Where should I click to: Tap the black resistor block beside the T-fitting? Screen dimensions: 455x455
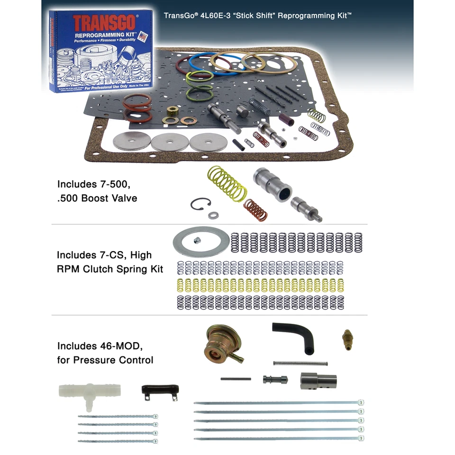156,391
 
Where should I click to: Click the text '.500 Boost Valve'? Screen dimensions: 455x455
97,198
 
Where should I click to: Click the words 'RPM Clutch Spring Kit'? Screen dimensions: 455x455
110,269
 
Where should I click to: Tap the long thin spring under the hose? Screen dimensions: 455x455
300,364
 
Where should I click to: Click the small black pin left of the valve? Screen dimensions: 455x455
236,379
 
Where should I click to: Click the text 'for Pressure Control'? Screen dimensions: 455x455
105,360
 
